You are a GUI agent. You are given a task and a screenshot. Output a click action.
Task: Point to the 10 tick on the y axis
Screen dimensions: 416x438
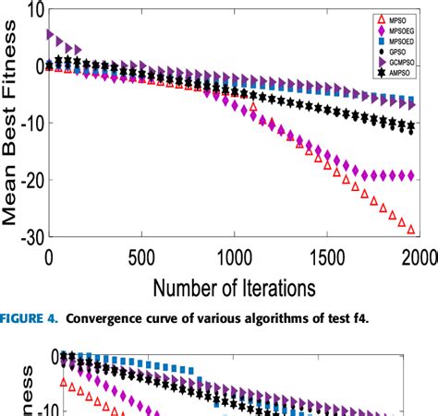pyautogui.click(x=29, y=12)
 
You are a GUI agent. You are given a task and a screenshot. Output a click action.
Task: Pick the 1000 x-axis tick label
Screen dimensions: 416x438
pyautogui.click(x=232, y=256)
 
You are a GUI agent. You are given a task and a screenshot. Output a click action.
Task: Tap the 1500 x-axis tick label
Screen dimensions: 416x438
pyautogui.click(x=324, y=256)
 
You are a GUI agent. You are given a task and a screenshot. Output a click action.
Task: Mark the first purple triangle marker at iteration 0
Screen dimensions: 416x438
pyautogui.click(x=51, y=34)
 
